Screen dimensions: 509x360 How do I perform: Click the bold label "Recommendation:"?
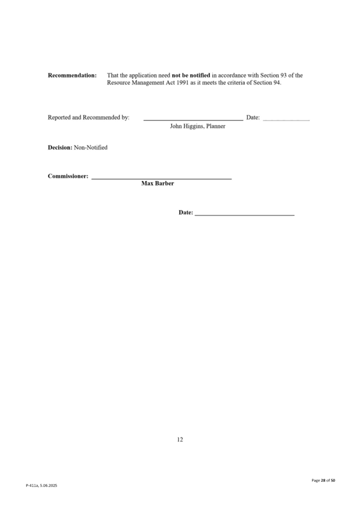click(x=73, y=76)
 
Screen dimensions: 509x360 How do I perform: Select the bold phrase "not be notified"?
click(x=191, y=76)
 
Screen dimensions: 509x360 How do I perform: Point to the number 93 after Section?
click(x=283, y=76)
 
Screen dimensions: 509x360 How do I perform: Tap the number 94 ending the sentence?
click(x=277, y=83)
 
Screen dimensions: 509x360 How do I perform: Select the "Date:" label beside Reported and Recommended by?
click(x=253, y=117)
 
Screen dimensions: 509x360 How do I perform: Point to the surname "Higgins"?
click(x=194, y=126)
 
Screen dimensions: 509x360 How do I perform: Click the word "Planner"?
click(x=215, y=126)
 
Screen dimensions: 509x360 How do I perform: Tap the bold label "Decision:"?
click(x=60, y=147)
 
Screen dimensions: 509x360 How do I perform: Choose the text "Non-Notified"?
click(x=91, y=147)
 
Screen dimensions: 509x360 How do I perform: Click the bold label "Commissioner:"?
click(x=68, y=176)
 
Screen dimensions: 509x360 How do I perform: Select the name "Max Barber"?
click(x=158, y=184)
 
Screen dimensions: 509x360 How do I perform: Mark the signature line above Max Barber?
click(x=162, y=180)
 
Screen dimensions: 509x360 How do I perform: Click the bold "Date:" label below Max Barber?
click(x=186, y=213)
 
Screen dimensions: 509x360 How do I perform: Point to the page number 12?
click(x=180, y=439)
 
